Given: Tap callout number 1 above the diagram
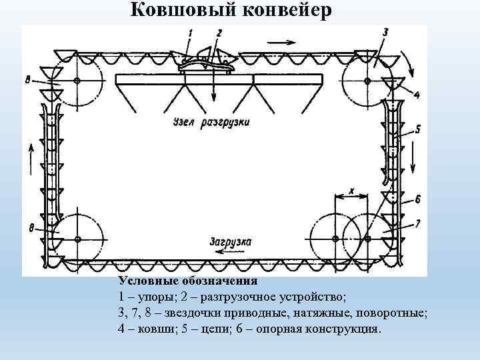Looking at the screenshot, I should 191,33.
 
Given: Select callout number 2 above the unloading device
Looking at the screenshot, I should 219,33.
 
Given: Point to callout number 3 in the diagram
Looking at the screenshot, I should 386,32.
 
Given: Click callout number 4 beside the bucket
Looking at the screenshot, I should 417,95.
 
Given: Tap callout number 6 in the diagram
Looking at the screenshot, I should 417,199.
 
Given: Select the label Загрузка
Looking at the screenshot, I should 230,243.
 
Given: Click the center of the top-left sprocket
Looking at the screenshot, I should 77,81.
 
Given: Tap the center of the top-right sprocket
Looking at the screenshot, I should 367,81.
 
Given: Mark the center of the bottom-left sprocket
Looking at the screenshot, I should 78,239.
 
